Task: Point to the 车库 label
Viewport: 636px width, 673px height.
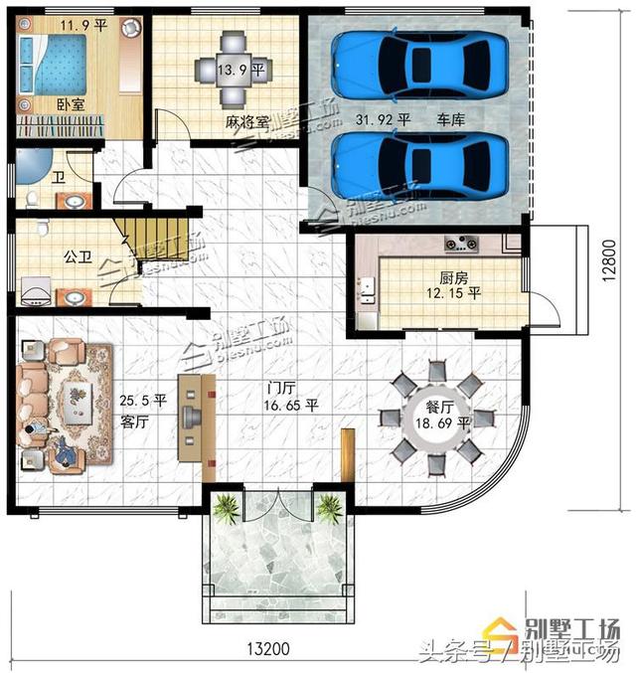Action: point(453,118)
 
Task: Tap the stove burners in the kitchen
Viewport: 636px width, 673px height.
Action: point(463,241)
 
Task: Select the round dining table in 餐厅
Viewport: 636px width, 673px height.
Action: point(434,418)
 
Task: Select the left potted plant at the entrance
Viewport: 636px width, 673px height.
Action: point(227,508)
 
